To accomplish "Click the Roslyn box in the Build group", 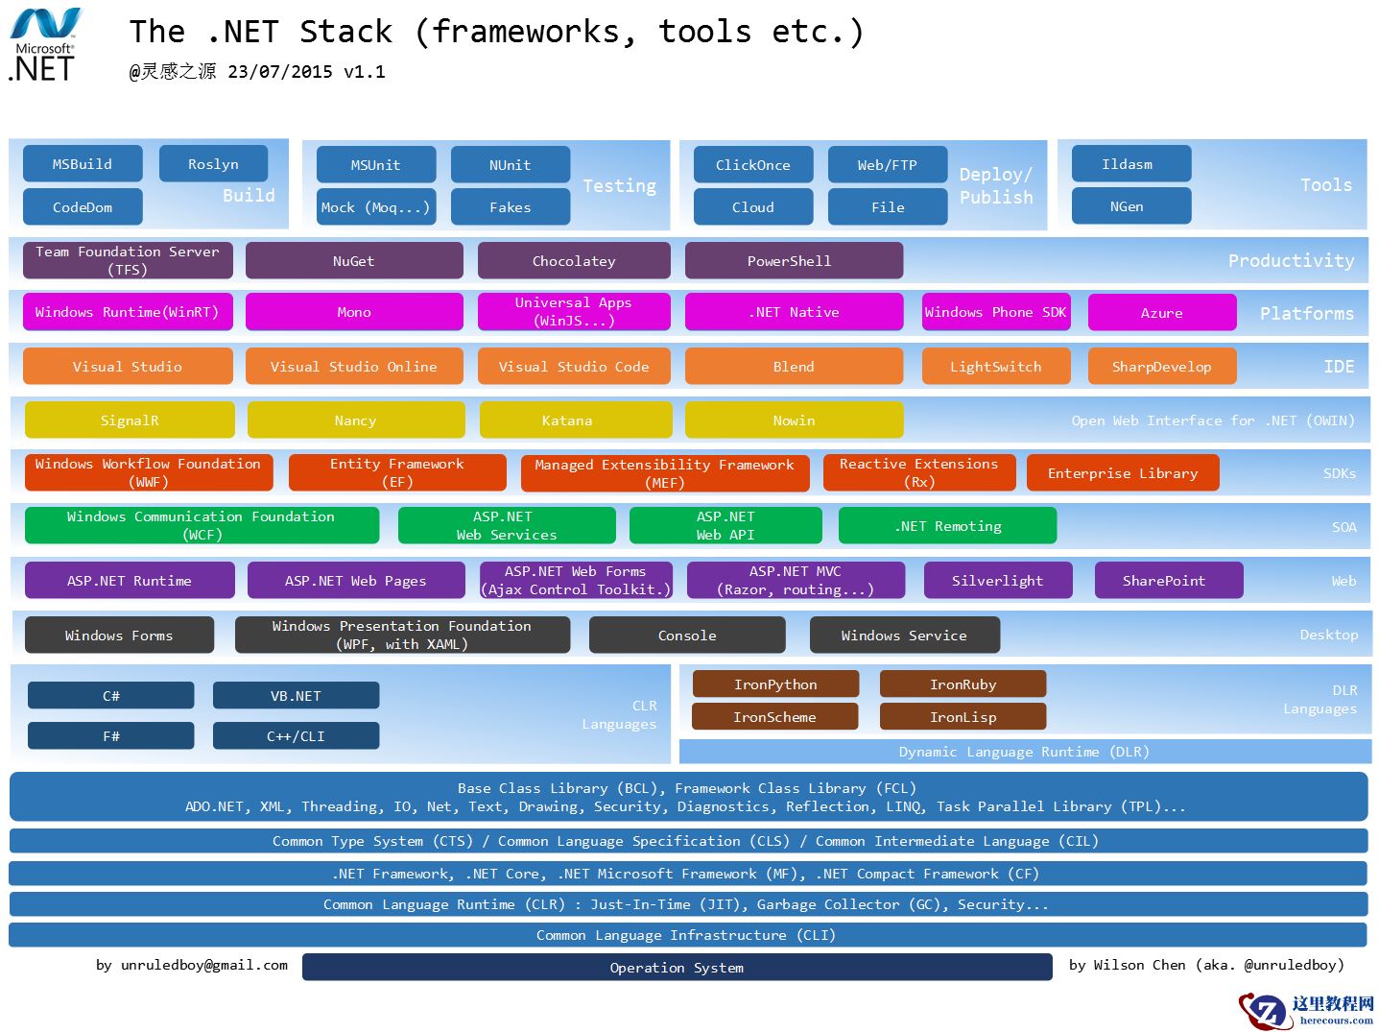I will [213, 164].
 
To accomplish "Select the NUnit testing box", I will [510, 165].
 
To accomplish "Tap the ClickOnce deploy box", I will [752, 165].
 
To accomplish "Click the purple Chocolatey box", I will [574, 261].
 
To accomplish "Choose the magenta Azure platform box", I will [1161, 313].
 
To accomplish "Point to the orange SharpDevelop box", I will [1161, 367].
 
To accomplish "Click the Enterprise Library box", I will [1122, 473].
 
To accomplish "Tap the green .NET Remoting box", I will [947, 526].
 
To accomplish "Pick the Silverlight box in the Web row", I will [997, 581].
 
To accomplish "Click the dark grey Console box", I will [687, 636].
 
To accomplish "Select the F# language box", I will [111, 736].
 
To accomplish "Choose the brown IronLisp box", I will [963, 717].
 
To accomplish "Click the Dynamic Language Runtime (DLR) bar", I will [1024, 752].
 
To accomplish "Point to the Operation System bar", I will [677, 968].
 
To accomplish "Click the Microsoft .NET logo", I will [44, 45].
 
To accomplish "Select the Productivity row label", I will [1291, 261].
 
